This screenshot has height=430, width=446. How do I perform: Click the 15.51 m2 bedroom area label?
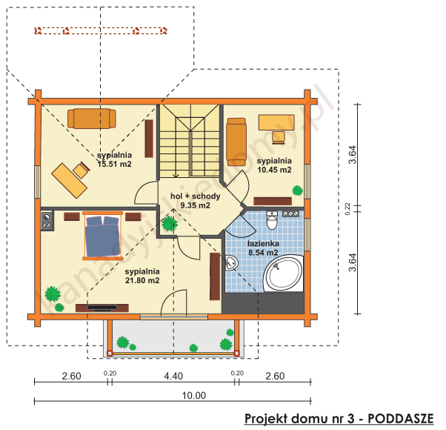coord(114,159)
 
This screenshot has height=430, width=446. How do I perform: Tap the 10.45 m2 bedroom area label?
coord(274,165)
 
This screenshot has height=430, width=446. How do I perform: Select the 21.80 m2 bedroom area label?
coord(143,276)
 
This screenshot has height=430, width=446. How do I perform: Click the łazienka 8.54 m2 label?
coord(263,247)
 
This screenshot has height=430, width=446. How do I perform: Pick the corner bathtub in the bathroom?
coord(284,274)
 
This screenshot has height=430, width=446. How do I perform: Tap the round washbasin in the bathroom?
coord(232,262)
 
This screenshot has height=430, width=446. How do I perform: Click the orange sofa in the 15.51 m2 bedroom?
coord(92,118)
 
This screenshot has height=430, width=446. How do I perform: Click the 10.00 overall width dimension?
coord(196,395)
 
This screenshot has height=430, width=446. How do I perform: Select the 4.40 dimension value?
coord(173,376)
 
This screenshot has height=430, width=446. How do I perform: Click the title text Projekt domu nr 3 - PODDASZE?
coord(339,417)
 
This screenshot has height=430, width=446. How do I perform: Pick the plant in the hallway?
coord(170,222)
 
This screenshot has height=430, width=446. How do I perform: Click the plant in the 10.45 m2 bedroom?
coord(298,190)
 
